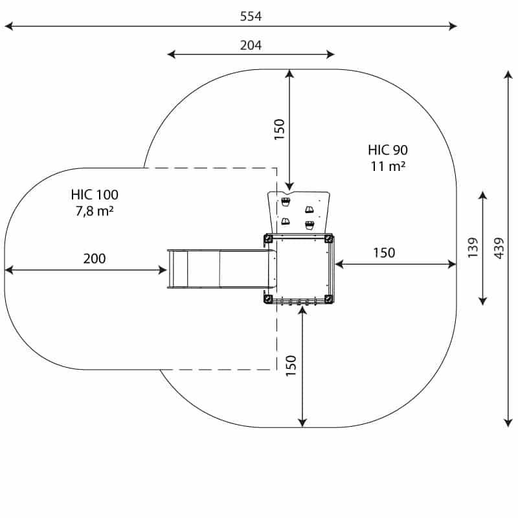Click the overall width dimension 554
pos(251,17)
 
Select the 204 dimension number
pos(251,45)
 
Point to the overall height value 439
pos(499,247)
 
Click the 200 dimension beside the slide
pos(95,259)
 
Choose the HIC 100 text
pos(95,194)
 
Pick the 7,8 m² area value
pos(95,210)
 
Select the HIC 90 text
pos(388,150)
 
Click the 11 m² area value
pos(388,166)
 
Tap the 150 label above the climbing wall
pos(279,129)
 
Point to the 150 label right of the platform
pos(384,253)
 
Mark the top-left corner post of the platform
pos(268,239)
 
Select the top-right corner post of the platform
pos(329,239)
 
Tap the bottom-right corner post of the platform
pos(329,298)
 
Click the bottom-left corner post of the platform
pos(268,298)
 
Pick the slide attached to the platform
pos(219,269)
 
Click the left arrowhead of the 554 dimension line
pos(8,27)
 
